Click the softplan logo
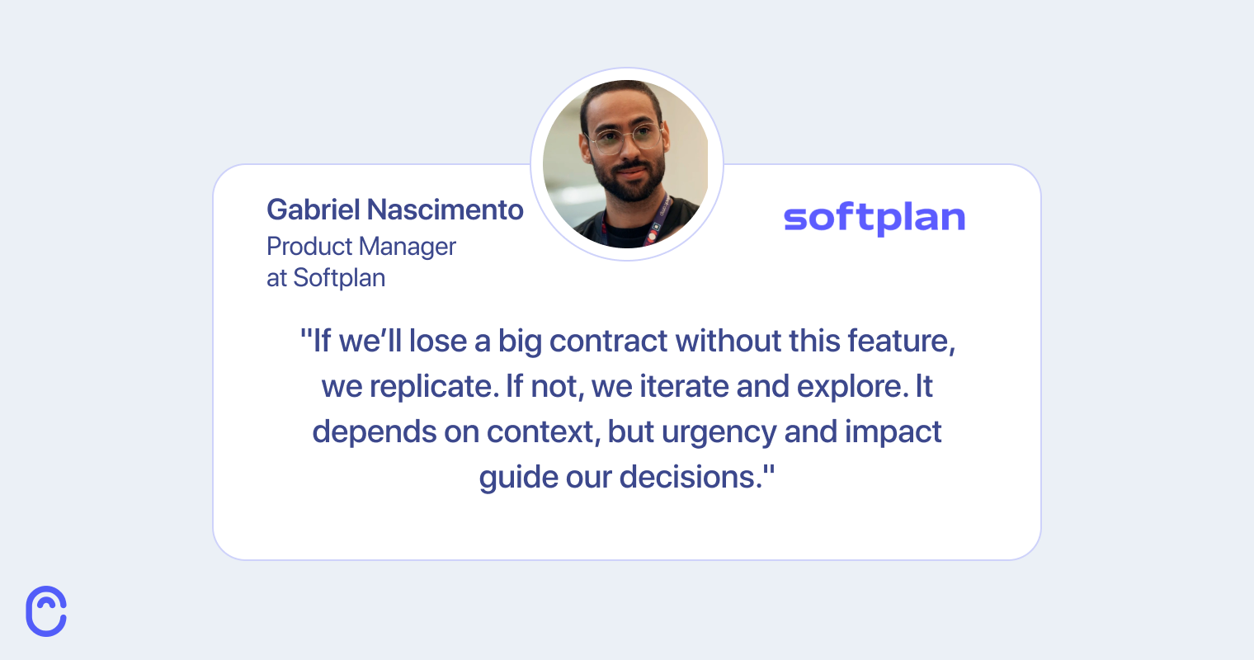pyautogui.click(x=874, y=218)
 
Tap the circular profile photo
pyautogui.click(x=626, y=164)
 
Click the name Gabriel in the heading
pyautogui.click(x=313, y=210)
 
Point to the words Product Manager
pyautogui.click(x=361, y=246)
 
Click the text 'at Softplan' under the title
pyautogui.click(x=325, y=278)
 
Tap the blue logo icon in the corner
pyautogui.click(x=46, y=611)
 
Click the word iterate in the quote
pyautogui.click(x=685, y=386)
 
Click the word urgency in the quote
pyautogui.click(x=719, y=432)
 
